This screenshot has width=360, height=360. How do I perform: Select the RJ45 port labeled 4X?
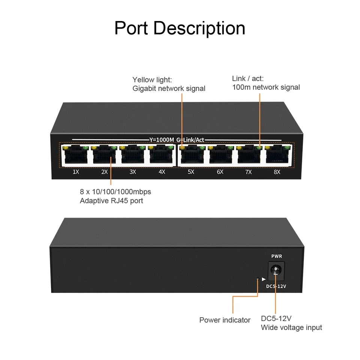tap(161, 156)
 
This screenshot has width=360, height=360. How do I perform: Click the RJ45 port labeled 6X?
tap(220, 156)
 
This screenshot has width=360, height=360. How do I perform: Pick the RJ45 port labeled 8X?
tap(277, 156)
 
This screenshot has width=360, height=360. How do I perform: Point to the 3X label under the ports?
tap(133, 172)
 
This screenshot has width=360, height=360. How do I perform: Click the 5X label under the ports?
tap(191, 172)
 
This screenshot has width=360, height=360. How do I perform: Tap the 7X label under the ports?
tap(249, 172)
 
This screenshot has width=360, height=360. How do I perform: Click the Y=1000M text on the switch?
tap(162, 140)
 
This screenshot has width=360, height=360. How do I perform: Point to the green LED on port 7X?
tap(259, 148)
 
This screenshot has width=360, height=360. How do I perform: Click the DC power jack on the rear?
tap(276, 270)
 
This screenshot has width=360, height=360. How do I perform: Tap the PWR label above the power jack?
tap(276, 256)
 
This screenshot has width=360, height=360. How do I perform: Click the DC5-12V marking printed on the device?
tap(276, 286)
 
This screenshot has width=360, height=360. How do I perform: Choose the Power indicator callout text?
tap(225, 320)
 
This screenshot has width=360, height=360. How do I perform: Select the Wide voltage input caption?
tap(291, 327)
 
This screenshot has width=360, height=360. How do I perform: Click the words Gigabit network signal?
tap(169, 88)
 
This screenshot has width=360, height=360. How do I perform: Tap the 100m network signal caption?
tap(266, 87)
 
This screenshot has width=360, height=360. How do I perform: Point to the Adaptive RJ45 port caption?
tap(111, 201)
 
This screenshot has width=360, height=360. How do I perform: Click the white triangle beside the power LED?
tap(264, 279)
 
